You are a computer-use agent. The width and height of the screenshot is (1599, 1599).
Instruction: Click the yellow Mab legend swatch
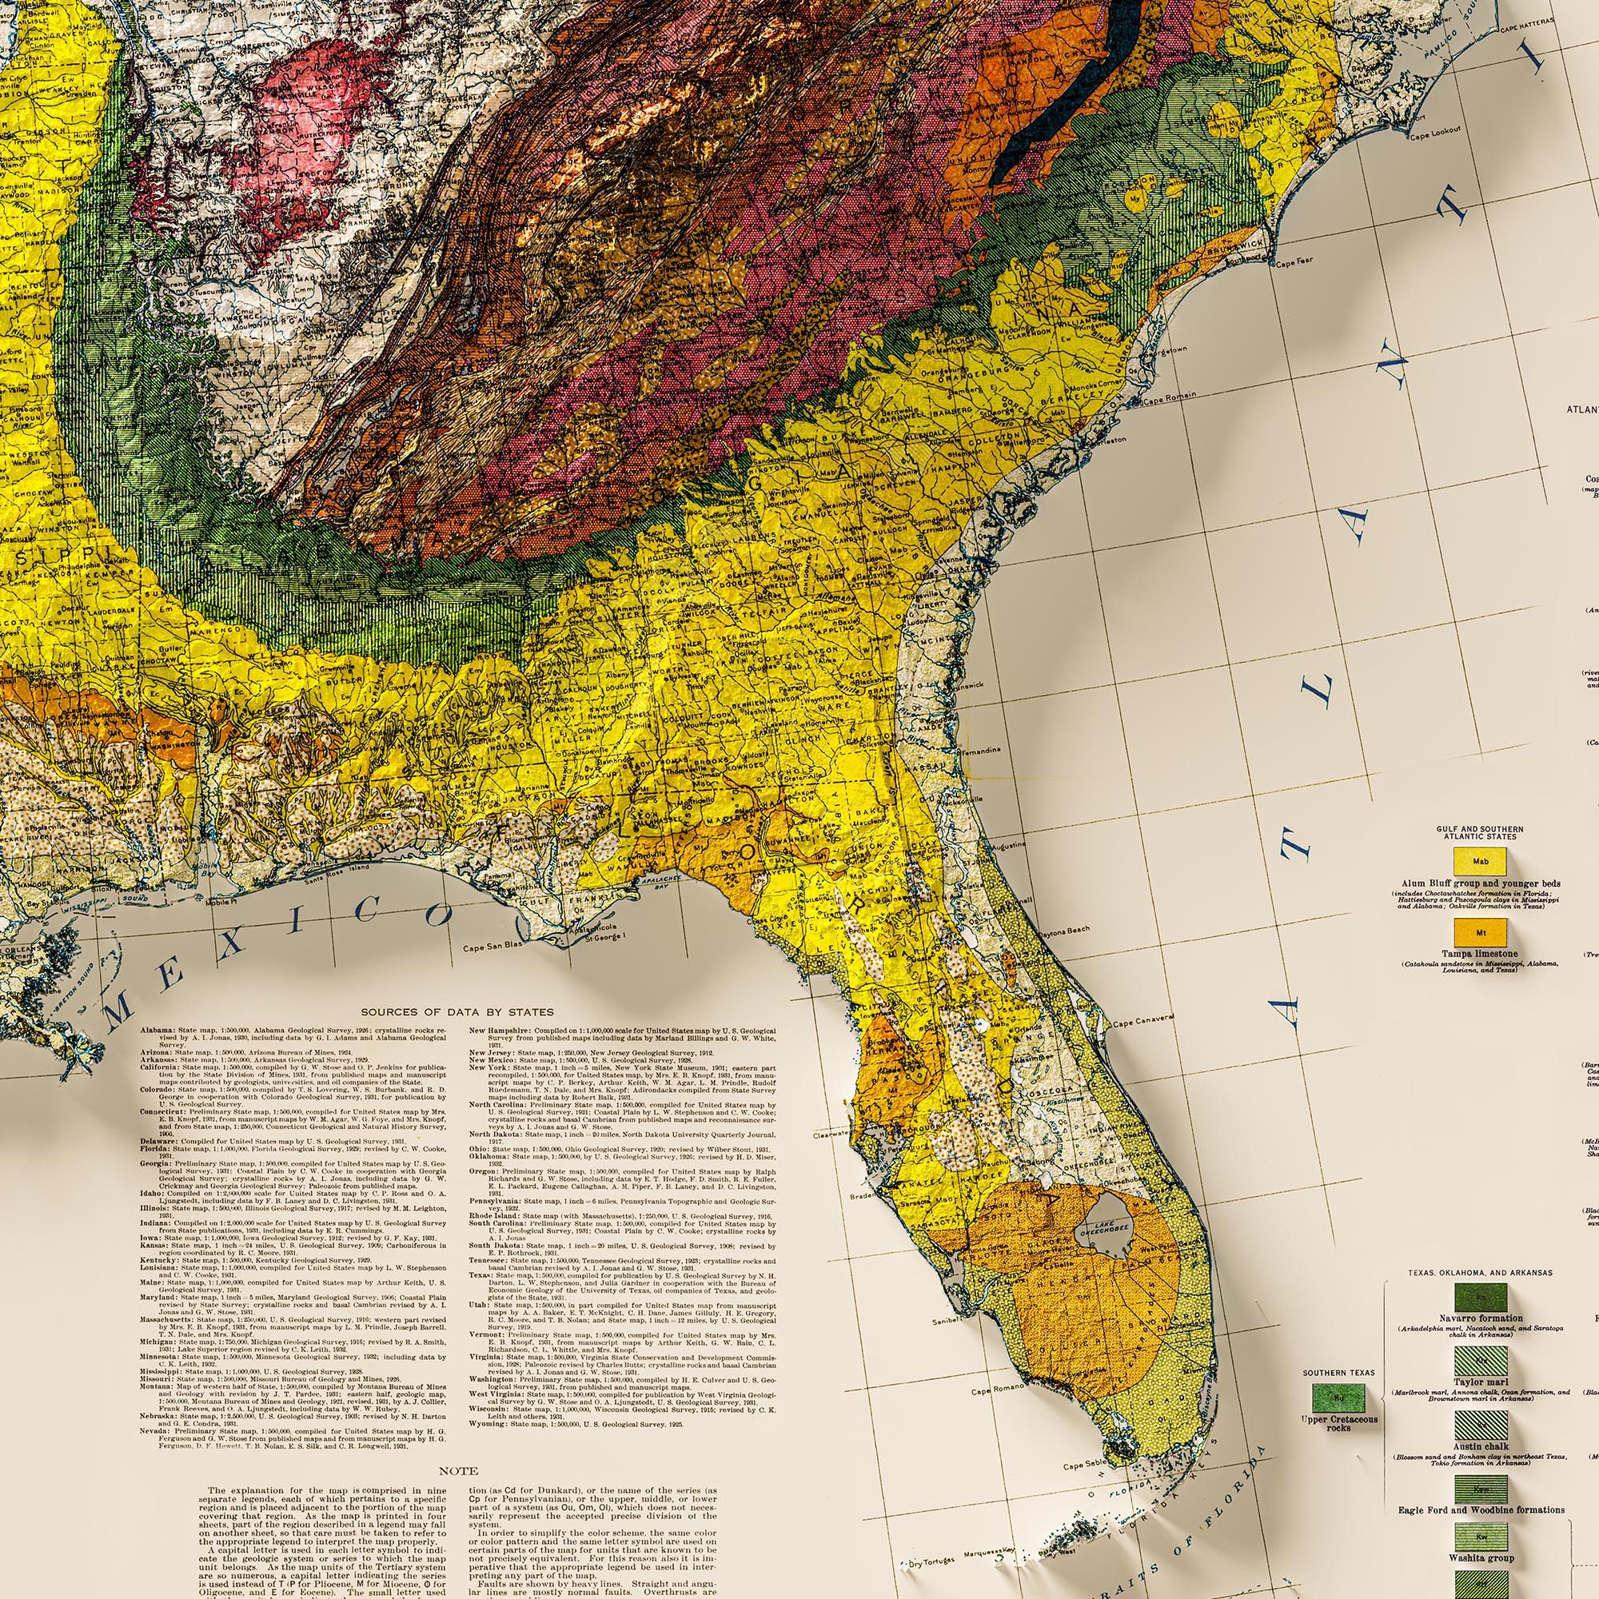(1482, 863)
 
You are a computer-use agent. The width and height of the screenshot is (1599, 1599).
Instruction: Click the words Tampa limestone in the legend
(1481, 954)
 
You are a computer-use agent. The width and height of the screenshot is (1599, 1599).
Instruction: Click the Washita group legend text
(1481, 1558)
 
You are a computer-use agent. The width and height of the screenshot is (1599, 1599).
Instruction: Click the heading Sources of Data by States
(457, 1011)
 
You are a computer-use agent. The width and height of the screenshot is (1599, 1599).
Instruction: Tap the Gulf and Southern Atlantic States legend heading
(1481, 832)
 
